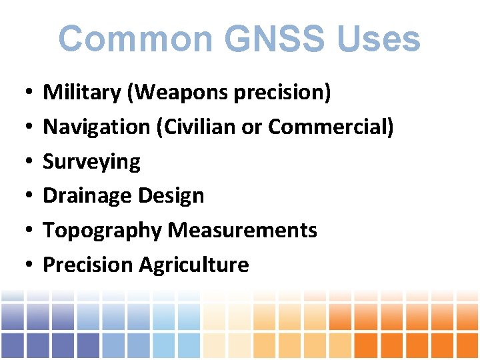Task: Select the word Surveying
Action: (91, 162)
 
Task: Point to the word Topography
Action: (102, 231)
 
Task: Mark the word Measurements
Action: (243, 231)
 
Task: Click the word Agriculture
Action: (194, 265)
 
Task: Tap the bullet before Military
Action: (23, 93)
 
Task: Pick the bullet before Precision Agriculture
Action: (23, 266)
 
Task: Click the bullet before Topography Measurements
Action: (23, 231)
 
